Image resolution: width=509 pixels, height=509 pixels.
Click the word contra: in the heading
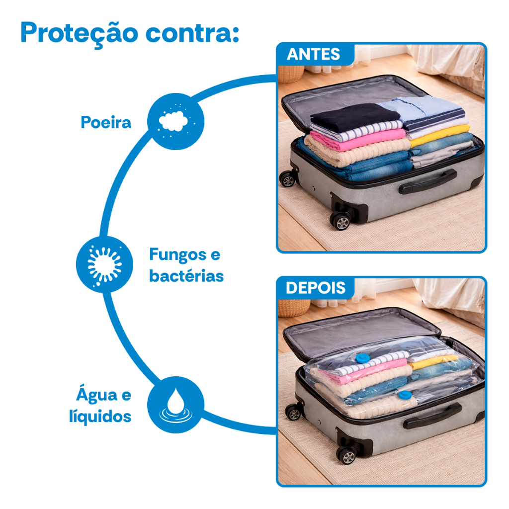click(x=192, y=33)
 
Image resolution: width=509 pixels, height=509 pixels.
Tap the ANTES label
click(x=313, y=54)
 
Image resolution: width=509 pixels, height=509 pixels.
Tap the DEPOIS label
click(x=316, y=288)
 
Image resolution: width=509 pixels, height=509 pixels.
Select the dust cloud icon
click(x=175, y=121)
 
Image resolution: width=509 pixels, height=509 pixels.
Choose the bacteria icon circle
click(x=104, y=264)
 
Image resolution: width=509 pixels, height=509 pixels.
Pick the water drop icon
click(x=175, y=405)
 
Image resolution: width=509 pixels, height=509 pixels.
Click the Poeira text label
click(x=106, y=122)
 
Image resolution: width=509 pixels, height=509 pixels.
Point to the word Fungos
click(x=178, y=255)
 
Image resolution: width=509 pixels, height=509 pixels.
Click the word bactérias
click(x=186, y=276)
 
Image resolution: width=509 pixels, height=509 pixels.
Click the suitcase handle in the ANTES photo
click(x=427, y=182)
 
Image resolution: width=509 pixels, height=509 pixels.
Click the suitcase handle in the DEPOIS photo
click(x=432, y=416)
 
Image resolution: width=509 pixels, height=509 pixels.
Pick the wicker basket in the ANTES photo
click(x=291, y=74)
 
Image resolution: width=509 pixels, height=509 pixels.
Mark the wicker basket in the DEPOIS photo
click(x=293, y=308)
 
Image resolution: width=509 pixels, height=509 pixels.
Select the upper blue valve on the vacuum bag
click(x=362, y=358)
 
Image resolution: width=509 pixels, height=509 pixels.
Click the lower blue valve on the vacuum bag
click(x=405, y=395)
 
